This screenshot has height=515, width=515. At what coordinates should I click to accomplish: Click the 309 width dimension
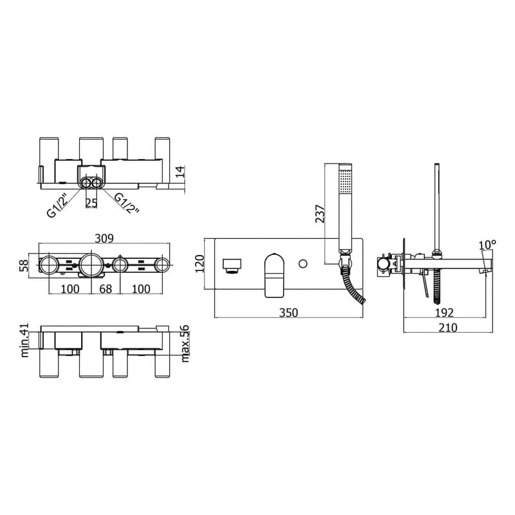104,238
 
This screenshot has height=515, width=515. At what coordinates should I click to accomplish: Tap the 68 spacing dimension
106,289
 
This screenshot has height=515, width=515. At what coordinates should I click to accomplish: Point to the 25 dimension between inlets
91,203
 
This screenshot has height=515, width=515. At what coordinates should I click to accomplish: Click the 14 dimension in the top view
180,172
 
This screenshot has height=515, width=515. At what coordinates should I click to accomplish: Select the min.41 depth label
25,341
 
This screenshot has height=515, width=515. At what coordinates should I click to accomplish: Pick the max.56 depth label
185,343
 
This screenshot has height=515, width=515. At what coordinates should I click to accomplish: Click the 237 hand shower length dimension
319,214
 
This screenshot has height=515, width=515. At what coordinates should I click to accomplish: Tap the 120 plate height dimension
200,264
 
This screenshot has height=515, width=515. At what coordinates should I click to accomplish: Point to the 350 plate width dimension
288,313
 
